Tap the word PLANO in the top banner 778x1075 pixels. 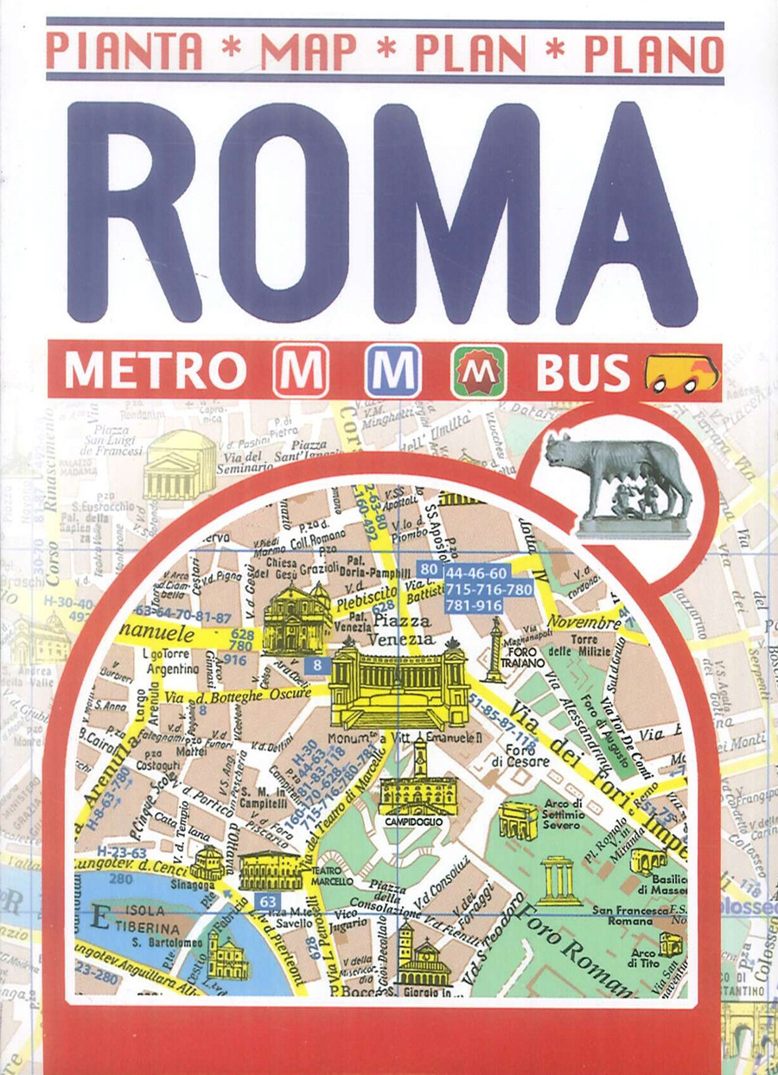(654, 52)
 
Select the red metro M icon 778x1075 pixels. (301, 371)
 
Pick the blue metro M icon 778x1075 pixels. (392, 371)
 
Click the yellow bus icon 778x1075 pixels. (681, 373)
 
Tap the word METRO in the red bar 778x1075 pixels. (156, 372)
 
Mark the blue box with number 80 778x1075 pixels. (428, 570)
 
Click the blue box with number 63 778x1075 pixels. (267, 901)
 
